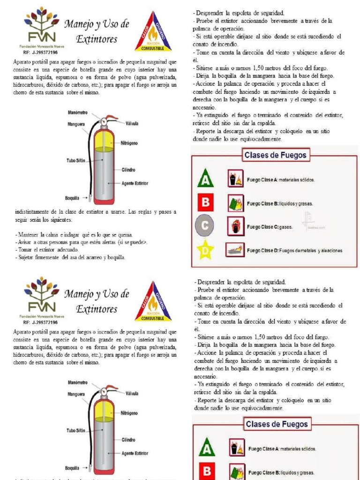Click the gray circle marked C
204,226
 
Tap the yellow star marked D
204,250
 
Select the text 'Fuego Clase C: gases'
270,227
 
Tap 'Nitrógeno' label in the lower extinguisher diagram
129,413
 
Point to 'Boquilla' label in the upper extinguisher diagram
73,198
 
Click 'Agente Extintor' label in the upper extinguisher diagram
135,183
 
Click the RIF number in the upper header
40,52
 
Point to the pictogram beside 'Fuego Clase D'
236,250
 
